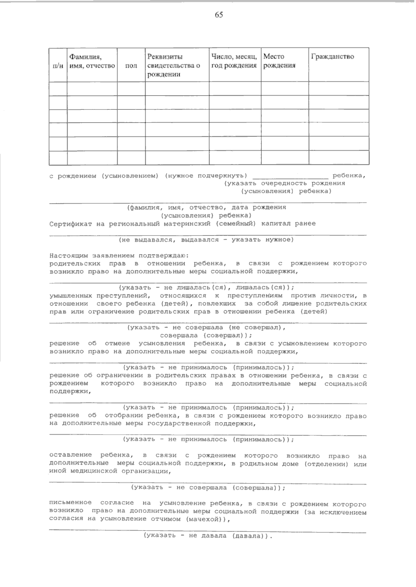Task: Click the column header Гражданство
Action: (x=332, y=57)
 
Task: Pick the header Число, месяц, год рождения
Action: (x=234, y=61)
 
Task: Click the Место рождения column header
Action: (x=279, y=61)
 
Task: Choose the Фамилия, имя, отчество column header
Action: (x=92, y=61)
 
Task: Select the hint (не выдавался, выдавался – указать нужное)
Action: (x=206, y=240)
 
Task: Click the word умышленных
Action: (x=70, y=296)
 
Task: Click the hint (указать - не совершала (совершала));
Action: (x=208, y=488)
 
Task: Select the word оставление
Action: (x=70, y=456)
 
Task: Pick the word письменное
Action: (x=70, y=504)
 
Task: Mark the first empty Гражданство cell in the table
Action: (x=338, y=89)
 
